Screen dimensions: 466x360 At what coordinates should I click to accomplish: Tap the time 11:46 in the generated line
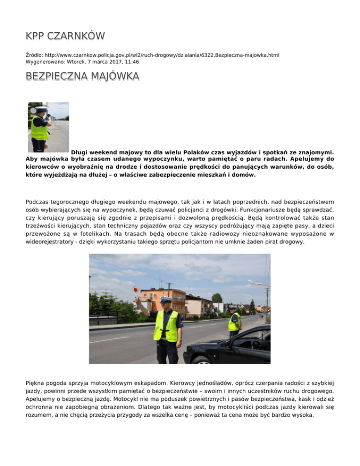click(x=131, y=61)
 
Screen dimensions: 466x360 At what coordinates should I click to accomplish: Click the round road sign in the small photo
click(x=33, y=111)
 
